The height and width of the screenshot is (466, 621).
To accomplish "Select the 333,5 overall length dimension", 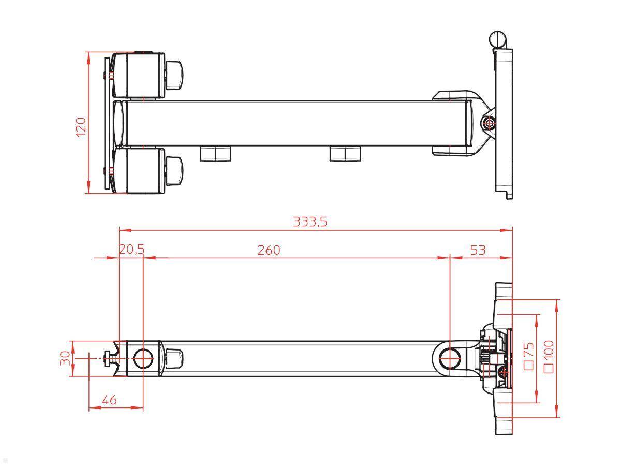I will pos(310,222).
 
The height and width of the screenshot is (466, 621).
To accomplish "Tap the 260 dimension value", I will pos(269,250).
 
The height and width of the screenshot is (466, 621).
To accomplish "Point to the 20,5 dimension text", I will pos(131,250).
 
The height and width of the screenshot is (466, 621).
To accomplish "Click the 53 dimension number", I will pos(478,250).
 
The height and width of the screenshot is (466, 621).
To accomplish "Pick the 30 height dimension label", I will pos(65,358).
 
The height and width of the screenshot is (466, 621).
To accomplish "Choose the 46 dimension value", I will pos(109,399).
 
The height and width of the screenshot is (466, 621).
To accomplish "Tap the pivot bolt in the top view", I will pos(487,123).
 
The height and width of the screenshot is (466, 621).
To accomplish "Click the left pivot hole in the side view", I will pos(143,358).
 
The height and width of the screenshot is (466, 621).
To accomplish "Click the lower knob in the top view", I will pos(174,171).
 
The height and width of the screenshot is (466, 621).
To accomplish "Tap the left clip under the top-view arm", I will pos(215,153).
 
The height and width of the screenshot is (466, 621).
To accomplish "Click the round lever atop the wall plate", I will pos(498,39).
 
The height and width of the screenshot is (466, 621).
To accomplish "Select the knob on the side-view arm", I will pos(174,358).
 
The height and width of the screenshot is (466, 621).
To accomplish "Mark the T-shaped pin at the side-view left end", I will pos(110,358).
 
